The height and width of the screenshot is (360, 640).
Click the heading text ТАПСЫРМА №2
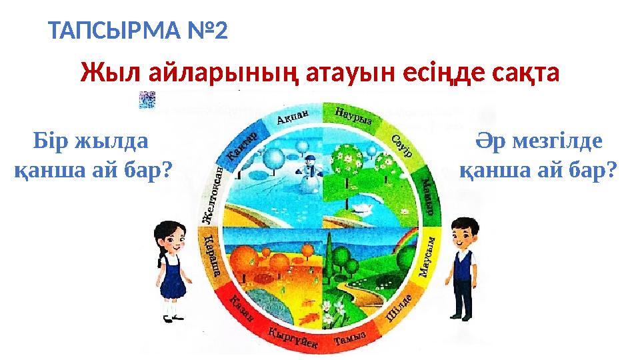[x=139, y=31]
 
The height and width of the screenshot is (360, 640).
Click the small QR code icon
[x=146, y=99]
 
